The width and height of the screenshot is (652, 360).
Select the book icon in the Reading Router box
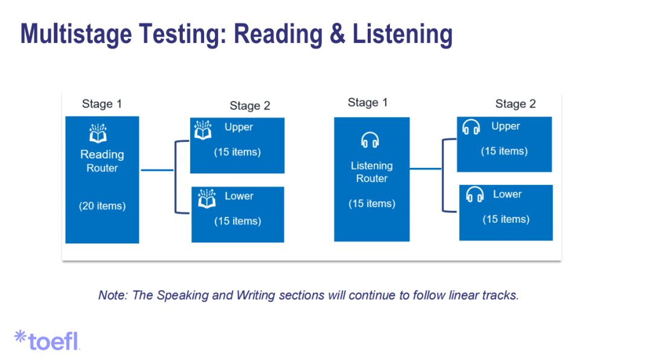coord(97,133)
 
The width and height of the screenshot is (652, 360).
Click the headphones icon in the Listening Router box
coord(369,141)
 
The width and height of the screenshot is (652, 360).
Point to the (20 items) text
coord(102,206)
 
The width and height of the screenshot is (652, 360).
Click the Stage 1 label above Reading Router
coord(102,104)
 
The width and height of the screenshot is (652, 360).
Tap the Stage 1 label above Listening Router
coord(368,103)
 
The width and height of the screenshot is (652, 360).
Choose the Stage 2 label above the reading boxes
coord(250,106)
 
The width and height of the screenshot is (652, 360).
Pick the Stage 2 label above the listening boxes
coord(516,104)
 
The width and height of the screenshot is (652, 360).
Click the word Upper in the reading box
coord(238,127)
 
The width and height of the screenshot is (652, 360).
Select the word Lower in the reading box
coord(239,196)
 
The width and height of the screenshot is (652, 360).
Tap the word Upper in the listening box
coord(505,126)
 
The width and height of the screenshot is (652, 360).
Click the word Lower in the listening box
coord(507,194)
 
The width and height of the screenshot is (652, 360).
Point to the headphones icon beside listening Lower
coord(475,195)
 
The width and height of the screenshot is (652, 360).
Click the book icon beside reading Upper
coord(203,129)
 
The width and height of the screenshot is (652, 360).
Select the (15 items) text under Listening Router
coord(372,204)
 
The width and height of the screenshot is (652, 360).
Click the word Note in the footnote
coord(112,295)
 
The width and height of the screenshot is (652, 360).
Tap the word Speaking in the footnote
coord(181,295)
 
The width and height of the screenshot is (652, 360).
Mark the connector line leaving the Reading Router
coord(157,170)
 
